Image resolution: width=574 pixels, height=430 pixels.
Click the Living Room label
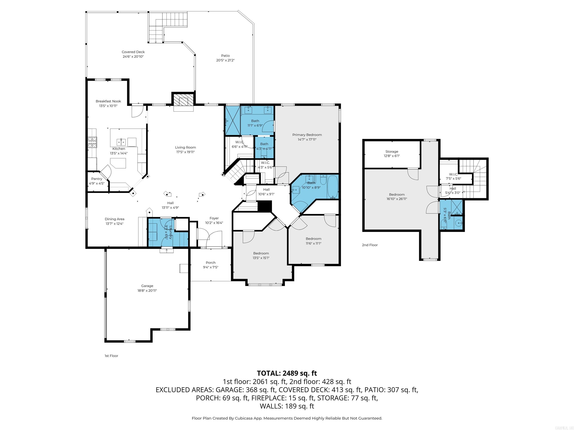pyautogui.click(x=185, y=147)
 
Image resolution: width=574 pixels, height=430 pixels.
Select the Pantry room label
pyautogui.click(x=97, y=179)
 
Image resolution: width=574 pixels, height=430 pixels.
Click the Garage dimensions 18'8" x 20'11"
pyautogui.click(x=147, y=291)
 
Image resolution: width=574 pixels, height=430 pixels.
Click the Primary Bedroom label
pyautogui.click(x=307, y=135)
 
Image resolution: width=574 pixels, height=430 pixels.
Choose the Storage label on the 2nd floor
pyautogui.click(x=392, y=152)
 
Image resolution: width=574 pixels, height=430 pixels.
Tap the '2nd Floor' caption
pyautogui.click(x=370, y=245)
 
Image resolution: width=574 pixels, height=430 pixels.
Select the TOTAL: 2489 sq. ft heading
pyautogui.click(x=287, y=373)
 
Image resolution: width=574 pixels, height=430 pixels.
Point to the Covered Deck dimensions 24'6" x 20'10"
pyautogui.click(x=133, y=57)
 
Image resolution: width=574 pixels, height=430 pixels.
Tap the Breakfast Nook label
pyautogui.click(x=108, y=101)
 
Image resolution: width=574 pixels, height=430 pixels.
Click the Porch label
pyautogui.click(x=210, y=263)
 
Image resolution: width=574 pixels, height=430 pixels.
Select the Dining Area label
pyautogui.click(x=114, y=219)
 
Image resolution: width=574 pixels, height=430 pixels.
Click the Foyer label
pyautogui.click(x=214, y=218)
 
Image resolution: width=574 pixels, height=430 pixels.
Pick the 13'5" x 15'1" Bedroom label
pyautogui.click(x=261, y=253)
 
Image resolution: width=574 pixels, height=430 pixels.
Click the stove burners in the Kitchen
pyautogui.click(x=92, y=142)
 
